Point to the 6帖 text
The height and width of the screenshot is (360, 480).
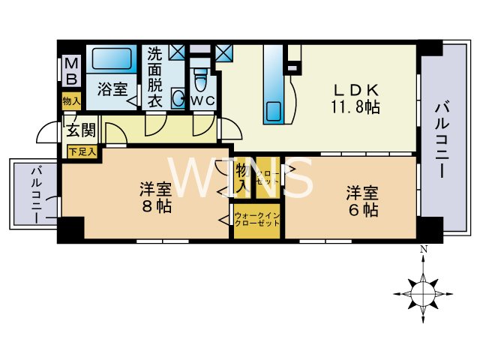pyautogui.click(x=361, y=209)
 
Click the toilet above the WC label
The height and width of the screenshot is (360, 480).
pyautogui.click(x=199, y=77)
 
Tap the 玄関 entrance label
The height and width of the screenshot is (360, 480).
pyautogui.click(x=81, y=130)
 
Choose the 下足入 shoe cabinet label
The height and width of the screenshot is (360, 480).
pyautogui.click(x=82, y=151)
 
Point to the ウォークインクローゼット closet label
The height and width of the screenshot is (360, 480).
pyautogui.click(x=256, y=220)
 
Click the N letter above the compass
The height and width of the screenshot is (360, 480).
pyautogui.click(x=423, y=250)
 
